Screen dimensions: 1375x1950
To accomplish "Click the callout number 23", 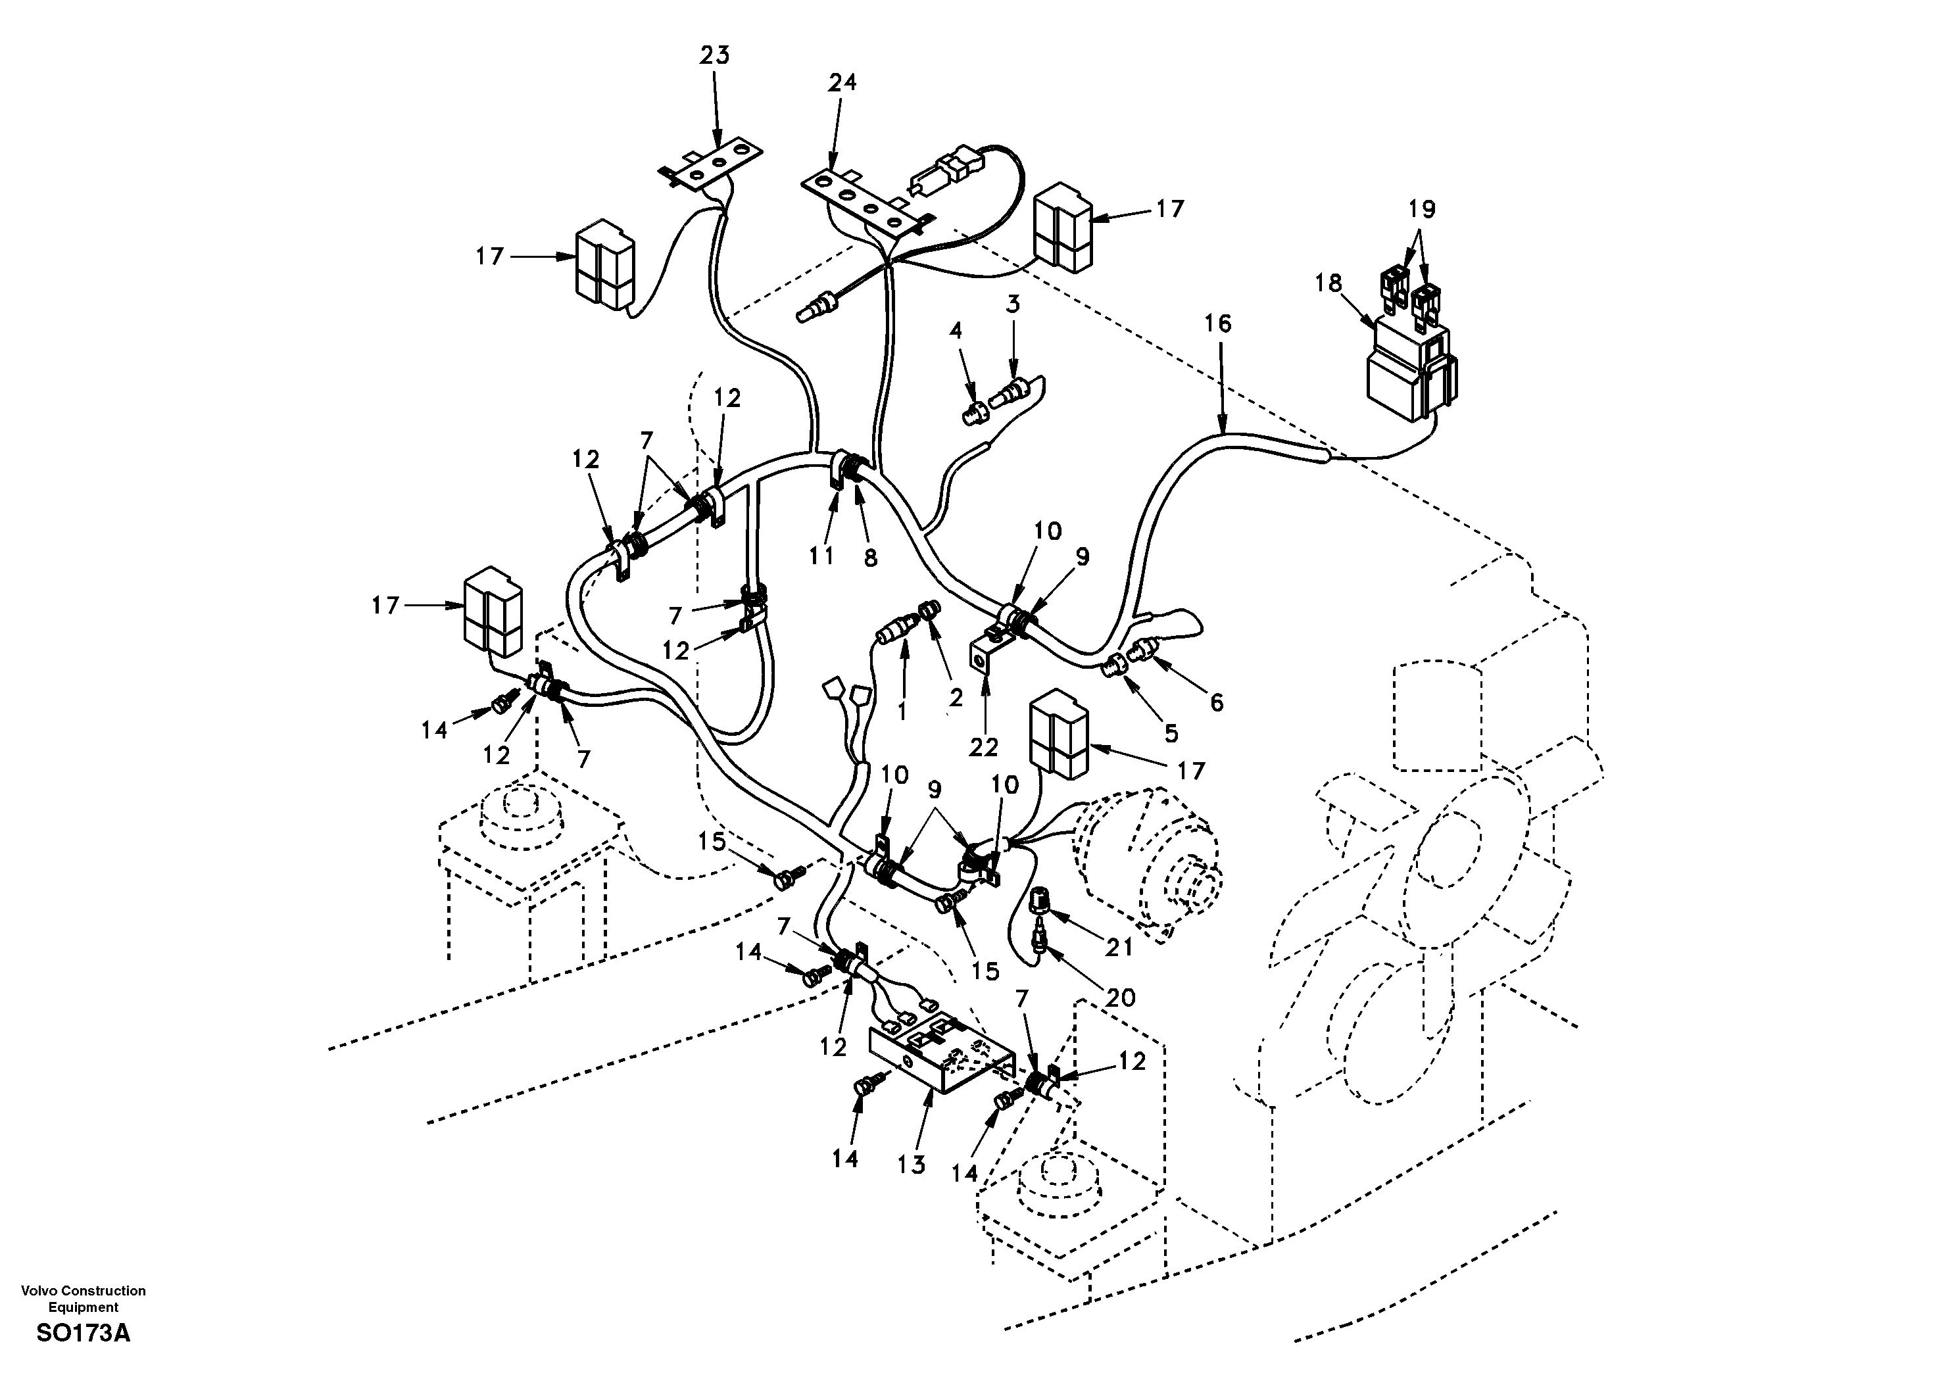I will (714, 55).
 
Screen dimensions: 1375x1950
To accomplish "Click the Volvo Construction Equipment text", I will (84, 1299).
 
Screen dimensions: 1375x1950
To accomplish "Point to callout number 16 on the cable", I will (1218, 324).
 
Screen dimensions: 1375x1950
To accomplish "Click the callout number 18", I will (1328, 283).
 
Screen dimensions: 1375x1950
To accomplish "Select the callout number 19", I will (1422, 209).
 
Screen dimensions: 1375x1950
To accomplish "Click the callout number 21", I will (1119, 947).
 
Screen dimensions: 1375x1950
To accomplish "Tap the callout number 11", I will (821, 556).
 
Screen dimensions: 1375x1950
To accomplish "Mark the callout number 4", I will (956, 331).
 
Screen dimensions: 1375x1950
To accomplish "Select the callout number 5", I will (1172, 733).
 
